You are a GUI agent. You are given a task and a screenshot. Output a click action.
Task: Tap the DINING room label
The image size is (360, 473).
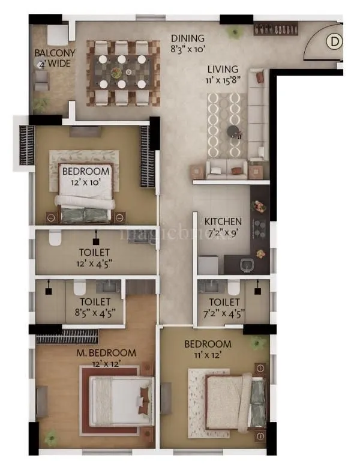click(187, 38)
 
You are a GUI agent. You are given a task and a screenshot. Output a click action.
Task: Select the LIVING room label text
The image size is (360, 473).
click(223, 69)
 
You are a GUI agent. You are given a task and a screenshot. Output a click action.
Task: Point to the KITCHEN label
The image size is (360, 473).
click(223, 221)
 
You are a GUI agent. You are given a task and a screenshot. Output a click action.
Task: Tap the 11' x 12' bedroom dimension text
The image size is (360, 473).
click(208, 355)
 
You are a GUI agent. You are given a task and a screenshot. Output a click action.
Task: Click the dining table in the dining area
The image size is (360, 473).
click(123, 72)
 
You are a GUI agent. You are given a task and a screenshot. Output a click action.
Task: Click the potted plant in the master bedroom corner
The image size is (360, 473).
click(52, 434)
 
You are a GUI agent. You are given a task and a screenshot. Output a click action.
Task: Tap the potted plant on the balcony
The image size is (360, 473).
click(41, 104)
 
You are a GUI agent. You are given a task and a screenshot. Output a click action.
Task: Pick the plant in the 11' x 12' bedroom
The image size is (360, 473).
click(259, 343)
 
